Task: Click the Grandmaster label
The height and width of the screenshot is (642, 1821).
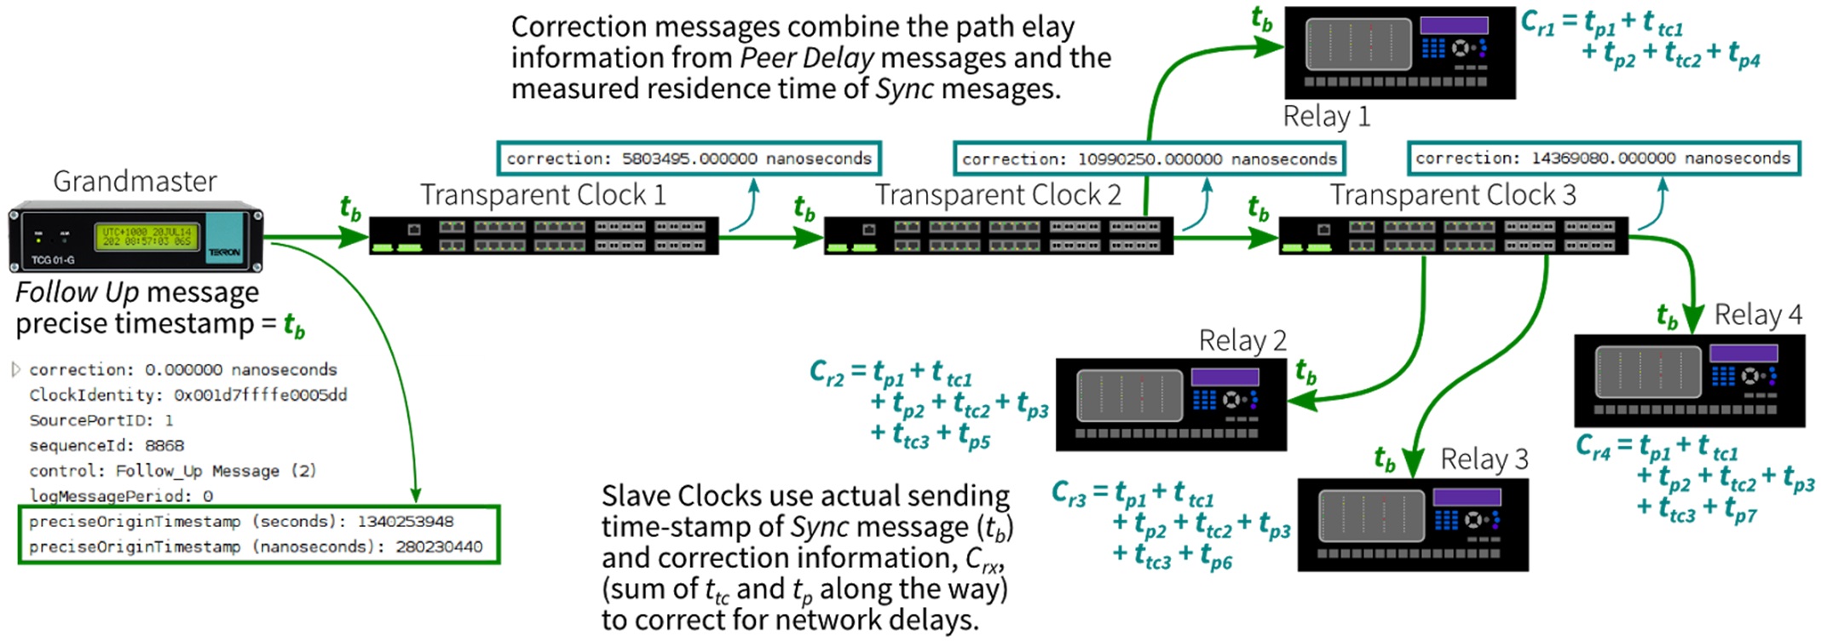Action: click(135, 182)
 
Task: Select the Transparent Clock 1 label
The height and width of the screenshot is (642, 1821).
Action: click(543, 195)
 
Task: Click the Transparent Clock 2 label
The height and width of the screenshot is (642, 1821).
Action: click(998, 195)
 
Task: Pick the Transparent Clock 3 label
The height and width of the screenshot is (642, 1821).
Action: click(1453, 195)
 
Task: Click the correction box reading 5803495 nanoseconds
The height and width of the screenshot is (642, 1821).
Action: click(689, 159)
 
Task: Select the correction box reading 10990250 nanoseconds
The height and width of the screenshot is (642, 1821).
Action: click(1149, 159)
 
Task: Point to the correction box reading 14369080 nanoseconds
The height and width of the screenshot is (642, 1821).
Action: click(1603, 159)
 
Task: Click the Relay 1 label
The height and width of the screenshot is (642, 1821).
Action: click(1327, 116)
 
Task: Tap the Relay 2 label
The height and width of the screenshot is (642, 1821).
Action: click(1242, 340)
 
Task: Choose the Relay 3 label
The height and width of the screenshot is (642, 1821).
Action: click(1484, 460)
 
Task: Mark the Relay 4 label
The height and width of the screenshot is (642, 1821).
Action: click(1757, 315)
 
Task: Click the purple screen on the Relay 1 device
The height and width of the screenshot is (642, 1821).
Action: click(1454, 26)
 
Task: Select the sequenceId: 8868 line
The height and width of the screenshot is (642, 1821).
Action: click(107, 445)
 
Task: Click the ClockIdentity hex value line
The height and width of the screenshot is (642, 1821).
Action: click(187, 395)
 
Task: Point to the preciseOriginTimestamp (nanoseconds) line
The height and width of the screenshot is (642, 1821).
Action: click(255, 547)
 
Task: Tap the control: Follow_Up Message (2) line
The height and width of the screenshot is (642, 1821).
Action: click(172, 471)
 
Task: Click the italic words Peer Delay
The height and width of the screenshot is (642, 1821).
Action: click(806, 58)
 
